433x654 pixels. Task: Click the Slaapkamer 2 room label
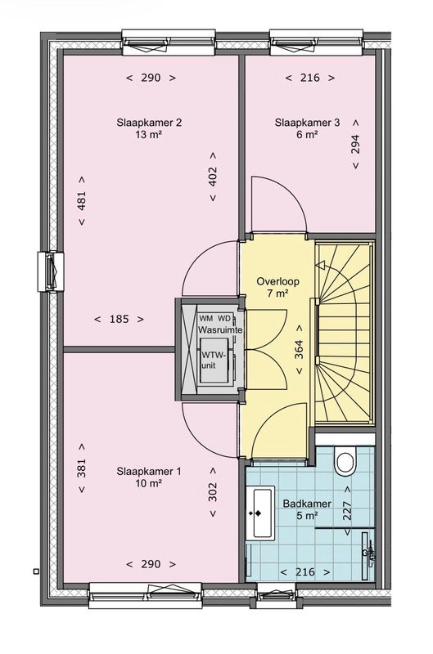(149, 123)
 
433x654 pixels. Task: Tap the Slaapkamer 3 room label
(307, 123)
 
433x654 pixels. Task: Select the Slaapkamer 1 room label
(149, 472)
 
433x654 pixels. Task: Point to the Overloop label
(277, 281)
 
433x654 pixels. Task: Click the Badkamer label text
(307, 504)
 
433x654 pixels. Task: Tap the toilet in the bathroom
(345, 461)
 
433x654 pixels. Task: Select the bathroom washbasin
(259, 513)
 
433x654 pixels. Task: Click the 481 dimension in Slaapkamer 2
(81, 200)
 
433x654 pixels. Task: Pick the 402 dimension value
(213, 177)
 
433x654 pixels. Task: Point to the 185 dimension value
(119, 319)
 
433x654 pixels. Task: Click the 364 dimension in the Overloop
(299, 350)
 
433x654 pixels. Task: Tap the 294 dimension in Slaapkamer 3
(355, 145)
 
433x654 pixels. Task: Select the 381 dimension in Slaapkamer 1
(81, 468)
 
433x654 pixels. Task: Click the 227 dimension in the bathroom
(346, 510)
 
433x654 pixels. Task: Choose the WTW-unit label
(214, 360)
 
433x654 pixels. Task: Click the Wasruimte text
(220, 329)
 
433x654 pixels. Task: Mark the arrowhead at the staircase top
(320, 265)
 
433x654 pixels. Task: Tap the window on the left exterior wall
(51, 271)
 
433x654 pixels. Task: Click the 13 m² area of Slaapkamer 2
(149, 135)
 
